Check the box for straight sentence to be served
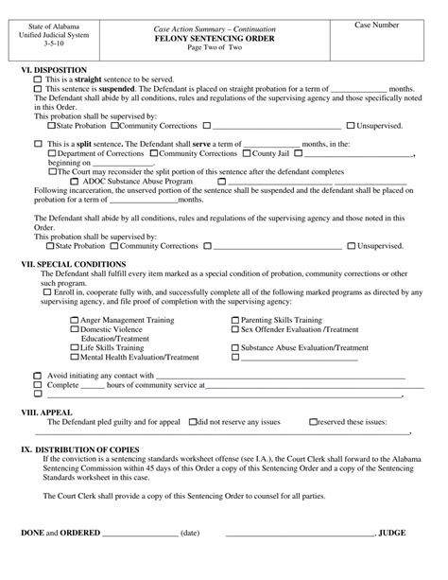(x=39, y=79)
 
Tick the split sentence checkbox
(x=39, y=143)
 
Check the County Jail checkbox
(x=247, y=152)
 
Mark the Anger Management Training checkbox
(x=75, y=321)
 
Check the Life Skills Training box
(x=75, y=348)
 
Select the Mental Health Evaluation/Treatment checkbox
(x=75, y=358)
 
